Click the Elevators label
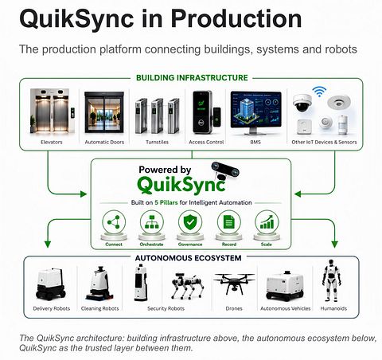52,142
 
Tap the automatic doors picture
104,112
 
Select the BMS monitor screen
256,110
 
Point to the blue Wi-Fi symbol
319,91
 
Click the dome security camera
302,103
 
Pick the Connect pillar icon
114,222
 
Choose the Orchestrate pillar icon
152,222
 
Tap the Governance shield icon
190,222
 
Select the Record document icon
229,222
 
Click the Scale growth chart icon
267,222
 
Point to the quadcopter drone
234,283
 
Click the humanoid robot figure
331,280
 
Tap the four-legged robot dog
188,285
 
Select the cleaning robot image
98,284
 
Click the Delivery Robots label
52,308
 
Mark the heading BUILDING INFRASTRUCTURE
192,78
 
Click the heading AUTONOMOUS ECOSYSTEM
188,258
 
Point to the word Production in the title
236,18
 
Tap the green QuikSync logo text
181,185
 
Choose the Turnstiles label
157,142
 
